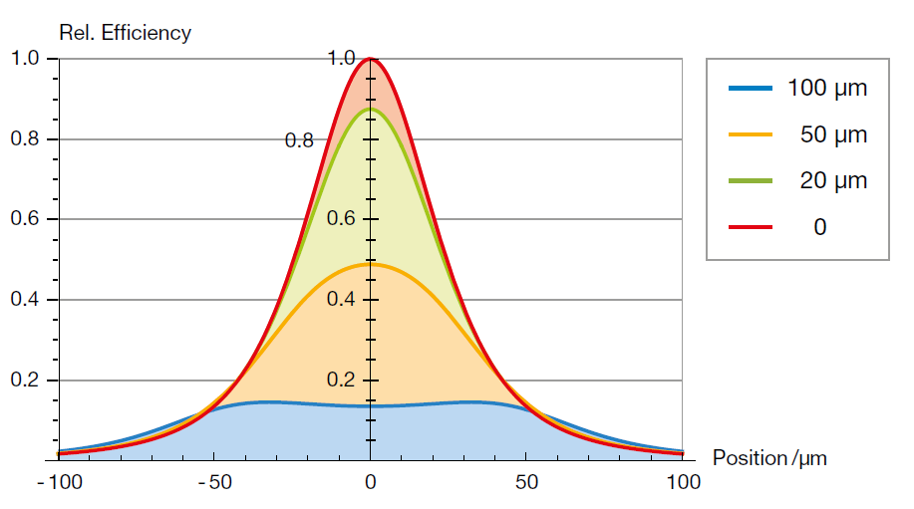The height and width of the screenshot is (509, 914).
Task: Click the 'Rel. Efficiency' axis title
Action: coord(125,33)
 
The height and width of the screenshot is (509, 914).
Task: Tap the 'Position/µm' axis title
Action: coord(769,458)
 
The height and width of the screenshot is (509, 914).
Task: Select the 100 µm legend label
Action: coord(827,88)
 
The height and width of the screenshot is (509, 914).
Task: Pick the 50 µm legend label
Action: coord(833,134)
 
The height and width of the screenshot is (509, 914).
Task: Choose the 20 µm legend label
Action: coord(833,181)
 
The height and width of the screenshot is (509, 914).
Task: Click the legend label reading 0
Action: coord(819,227)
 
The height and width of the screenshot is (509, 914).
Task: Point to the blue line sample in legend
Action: coord(751,88)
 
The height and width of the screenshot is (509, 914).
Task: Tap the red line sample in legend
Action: coord(751,227)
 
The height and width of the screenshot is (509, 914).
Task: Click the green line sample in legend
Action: coord(751,181)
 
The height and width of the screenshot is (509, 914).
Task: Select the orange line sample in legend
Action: coord(751,134)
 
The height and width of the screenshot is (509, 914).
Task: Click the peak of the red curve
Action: coord(371,59)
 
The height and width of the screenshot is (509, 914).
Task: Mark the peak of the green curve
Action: coord(371,110)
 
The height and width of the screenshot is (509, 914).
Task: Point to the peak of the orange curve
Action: coord(371,264)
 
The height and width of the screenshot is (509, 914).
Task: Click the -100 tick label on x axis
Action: coord(57,483)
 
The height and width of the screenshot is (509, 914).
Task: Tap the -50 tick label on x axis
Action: coord(213,483)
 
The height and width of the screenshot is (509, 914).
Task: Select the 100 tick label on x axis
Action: coord(683,483)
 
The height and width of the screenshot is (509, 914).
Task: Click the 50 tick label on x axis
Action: coord(527,483)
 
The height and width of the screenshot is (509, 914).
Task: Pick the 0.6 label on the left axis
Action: coord(27,219)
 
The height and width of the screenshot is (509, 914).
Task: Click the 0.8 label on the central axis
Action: coord(299,140)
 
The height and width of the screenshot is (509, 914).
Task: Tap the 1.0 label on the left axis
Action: coord(27,59)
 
